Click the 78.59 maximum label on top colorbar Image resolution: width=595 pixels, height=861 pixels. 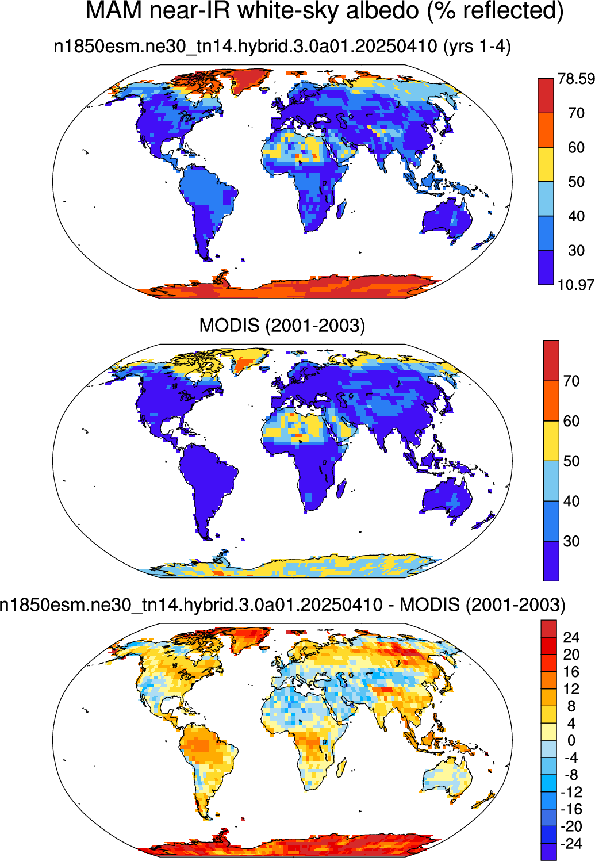click(x=576, y=79)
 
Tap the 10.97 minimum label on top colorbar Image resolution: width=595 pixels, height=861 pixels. click(x=576, y=285)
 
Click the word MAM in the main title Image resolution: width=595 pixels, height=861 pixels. click(x=114, y=10)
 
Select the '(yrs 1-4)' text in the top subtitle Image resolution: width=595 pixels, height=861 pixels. click(x=478, y=47)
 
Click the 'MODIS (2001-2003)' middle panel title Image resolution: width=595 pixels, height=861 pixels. click(x=282, y=326)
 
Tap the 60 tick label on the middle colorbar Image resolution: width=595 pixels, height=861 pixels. click(x=571, y=421)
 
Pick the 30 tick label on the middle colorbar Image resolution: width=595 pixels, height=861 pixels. click(x=571, y=541)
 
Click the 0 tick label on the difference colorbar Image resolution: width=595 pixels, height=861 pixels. click(x=571, y=740)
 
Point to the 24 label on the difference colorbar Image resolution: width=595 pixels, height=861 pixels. click(x=571, y=638)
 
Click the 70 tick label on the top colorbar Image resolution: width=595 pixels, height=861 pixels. click(x=576, y=113)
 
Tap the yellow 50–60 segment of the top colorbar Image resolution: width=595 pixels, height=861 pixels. click(x=546, y=164)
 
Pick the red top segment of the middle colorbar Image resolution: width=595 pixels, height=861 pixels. click(x=551, y=361)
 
